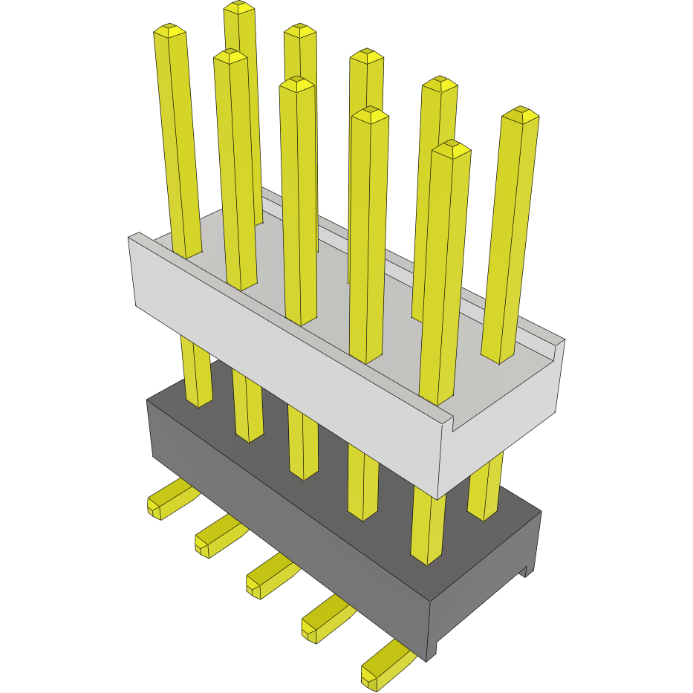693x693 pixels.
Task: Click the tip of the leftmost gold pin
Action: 169,30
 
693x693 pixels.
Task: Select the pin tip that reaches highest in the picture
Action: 239,8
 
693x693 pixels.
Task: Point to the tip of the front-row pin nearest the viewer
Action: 452,148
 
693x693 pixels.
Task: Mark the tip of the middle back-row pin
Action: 366,56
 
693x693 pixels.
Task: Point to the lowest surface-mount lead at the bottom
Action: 383,666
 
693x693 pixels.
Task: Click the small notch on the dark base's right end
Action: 527,570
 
